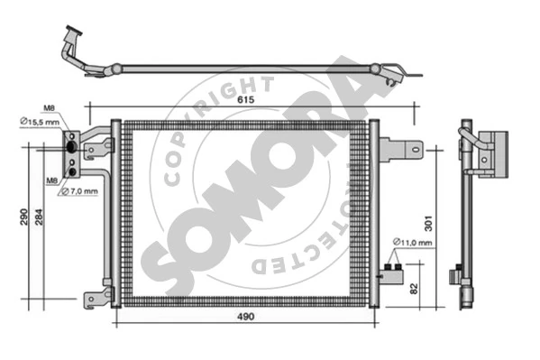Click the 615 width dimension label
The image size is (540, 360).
pyautogui.click(x=245, y=99)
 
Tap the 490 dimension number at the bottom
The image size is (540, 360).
pyautogui.click(x=246, y=316)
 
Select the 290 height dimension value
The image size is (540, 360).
pyautogui.click(x=23, y=217)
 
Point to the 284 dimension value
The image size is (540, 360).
pyautogui.click(x=40, y=217)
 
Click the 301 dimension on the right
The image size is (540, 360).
pyautogui.click(x=427, y=224)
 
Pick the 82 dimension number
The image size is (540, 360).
pyautogui.click(x=414, y=289)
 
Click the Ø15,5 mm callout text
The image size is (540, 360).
pyautogui.click(x=40, y=122)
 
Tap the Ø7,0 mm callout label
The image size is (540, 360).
pyautogui.click(x=79, y=191)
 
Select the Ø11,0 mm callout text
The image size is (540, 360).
pyautogui.click(x=412, y=243)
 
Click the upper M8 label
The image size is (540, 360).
pyautogui.click(x=49, y=108)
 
